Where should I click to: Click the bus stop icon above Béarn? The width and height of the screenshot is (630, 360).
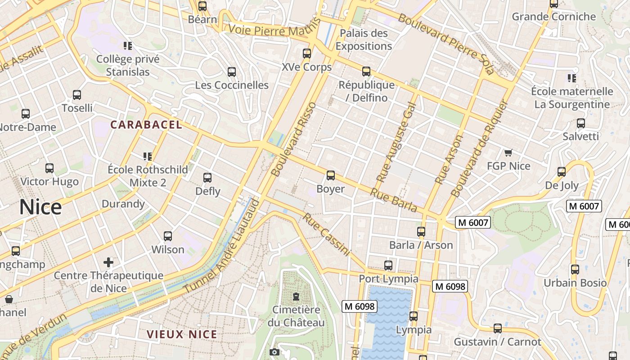click(x=202, y=6)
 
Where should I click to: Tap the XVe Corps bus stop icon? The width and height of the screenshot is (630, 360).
click(x=307, y=54)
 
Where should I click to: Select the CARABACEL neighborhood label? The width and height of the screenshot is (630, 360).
click(x=146, y=125)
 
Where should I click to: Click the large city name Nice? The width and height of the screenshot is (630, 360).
click(x=40, y=207)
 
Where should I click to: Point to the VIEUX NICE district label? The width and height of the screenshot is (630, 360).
click(x=182, y=334)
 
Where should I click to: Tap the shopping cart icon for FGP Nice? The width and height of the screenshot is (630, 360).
click(x=508, y=153)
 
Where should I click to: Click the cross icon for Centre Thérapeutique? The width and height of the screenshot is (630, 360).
click(x=108, y=262)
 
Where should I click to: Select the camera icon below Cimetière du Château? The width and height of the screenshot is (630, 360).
click(x=274, y=352)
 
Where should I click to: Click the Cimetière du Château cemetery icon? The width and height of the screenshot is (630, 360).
click(x=296, y=297)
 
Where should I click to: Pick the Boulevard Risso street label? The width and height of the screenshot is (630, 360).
click(x=294, y=139)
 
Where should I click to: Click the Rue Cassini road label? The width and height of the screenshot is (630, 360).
click(x=326, y=234)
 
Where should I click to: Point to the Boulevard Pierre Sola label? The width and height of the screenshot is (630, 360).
click(x=446, y=44)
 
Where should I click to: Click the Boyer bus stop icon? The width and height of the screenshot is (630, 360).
click(x=331, y=175)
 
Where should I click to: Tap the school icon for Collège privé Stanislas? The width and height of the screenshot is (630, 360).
click(x=128, y=45)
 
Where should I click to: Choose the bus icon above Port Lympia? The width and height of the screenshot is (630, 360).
click(x=388, y=265)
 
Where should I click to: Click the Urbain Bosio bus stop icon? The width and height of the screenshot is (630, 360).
click(x=575, y=270)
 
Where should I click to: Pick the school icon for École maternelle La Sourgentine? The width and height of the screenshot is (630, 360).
click(x=572, y=78)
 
